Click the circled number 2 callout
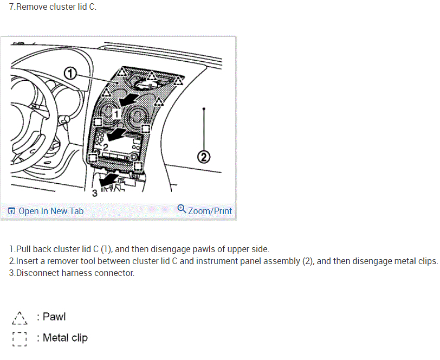pyautogui.click(x=203, y=158)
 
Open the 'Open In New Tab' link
pyautogui.click(x=51, y=211)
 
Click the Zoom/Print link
pyautogui.click(x=210, y=211)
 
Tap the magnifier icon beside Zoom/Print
pyautogui.click(x=182, y=209)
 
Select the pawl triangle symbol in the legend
pyautogui.click(x=20, y=317)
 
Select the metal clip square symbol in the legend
pyautogui.click(x=20, y=338)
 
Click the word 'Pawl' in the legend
pyautogui.click(x=54, y=317)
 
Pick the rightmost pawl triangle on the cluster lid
pyautogui.click(x=178, y=81)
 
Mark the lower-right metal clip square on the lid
pyautogui.click(x=138, y=165)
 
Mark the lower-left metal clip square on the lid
pyautogui.click(x=93, y=158)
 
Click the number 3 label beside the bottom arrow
pyautogui.click(x=94, y=192)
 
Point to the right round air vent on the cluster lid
pyautogui.click(x=137, y=116)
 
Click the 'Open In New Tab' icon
pyautogui.click(x=11, y=211)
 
